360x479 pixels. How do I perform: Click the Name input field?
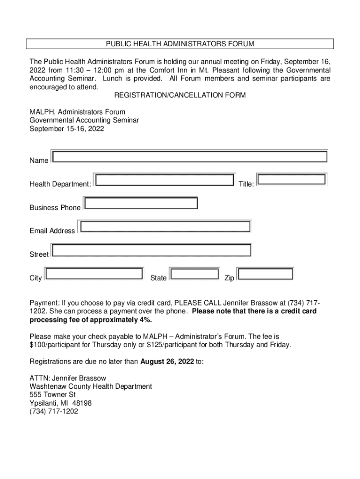[x=189, y=156]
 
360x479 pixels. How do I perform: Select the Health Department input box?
[x=164, y=180]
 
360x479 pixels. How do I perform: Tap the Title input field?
[x=291, y=180]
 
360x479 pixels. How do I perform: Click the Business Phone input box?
[x=140, y=203]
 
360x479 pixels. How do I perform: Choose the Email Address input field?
[x=165, y=227]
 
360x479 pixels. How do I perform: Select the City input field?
[x=94, y=274]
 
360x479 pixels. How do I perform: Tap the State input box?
[x=194, y=274]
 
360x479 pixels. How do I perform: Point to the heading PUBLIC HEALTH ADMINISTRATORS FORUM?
[x=180, y=44]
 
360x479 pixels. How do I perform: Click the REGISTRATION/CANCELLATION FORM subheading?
[x=180, y=95]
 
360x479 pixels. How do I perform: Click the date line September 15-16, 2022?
[x=67, y=129]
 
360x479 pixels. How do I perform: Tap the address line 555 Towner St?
[x=52, y=395]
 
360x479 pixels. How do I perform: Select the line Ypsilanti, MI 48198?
[x=61, y=403]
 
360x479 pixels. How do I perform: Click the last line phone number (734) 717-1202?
[x=54, y=412]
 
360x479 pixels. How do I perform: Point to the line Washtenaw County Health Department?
[x=91, y=386]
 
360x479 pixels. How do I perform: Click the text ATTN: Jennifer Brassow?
[x=68, y=378]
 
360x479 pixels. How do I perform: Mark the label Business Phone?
[x=55, y=208]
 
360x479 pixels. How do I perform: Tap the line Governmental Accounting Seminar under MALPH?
[x=84, y=120]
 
